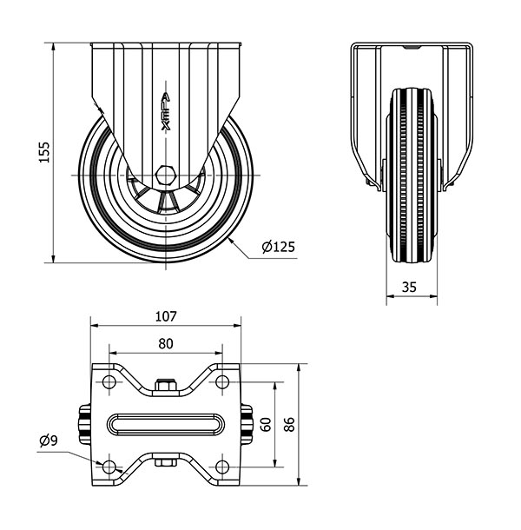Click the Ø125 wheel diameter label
pyautogui.click(x=278, y=247)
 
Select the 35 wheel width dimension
pyautogui.click(x=412, y=285)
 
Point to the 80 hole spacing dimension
pyautogui.click(x=166, y=343)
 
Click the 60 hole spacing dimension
pyautogui.click(x=266, y=424)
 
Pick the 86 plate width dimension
pyautogui.click(x=289, y=424)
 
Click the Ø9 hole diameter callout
pyautogui.click(x=49, y=441)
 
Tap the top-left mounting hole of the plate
pyautogui.click(x=109, y=382)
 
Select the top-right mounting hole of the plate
pyautogui.click(x=222, y=382)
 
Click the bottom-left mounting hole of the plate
pyautogui.click(x=109, y=467)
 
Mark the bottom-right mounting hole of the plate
pyautogui.click(x=222, y=467)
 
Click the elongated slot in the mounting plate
pyautogui.click(x=166, y=424)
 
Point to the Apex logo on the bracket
pyautogui.click(x=166, y=111)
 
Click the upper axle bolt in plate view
pyautogui.click(x=165, y=384)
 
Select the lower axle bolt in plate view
pyautogui.click(x=165, y=463)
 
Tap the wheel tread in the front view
pyautogui.click(x=412, y=165)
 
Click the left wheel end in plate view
pyautogui.click(x=85, y=424)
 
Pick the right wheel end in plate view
pyautogui.click(x=247, y=424)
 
